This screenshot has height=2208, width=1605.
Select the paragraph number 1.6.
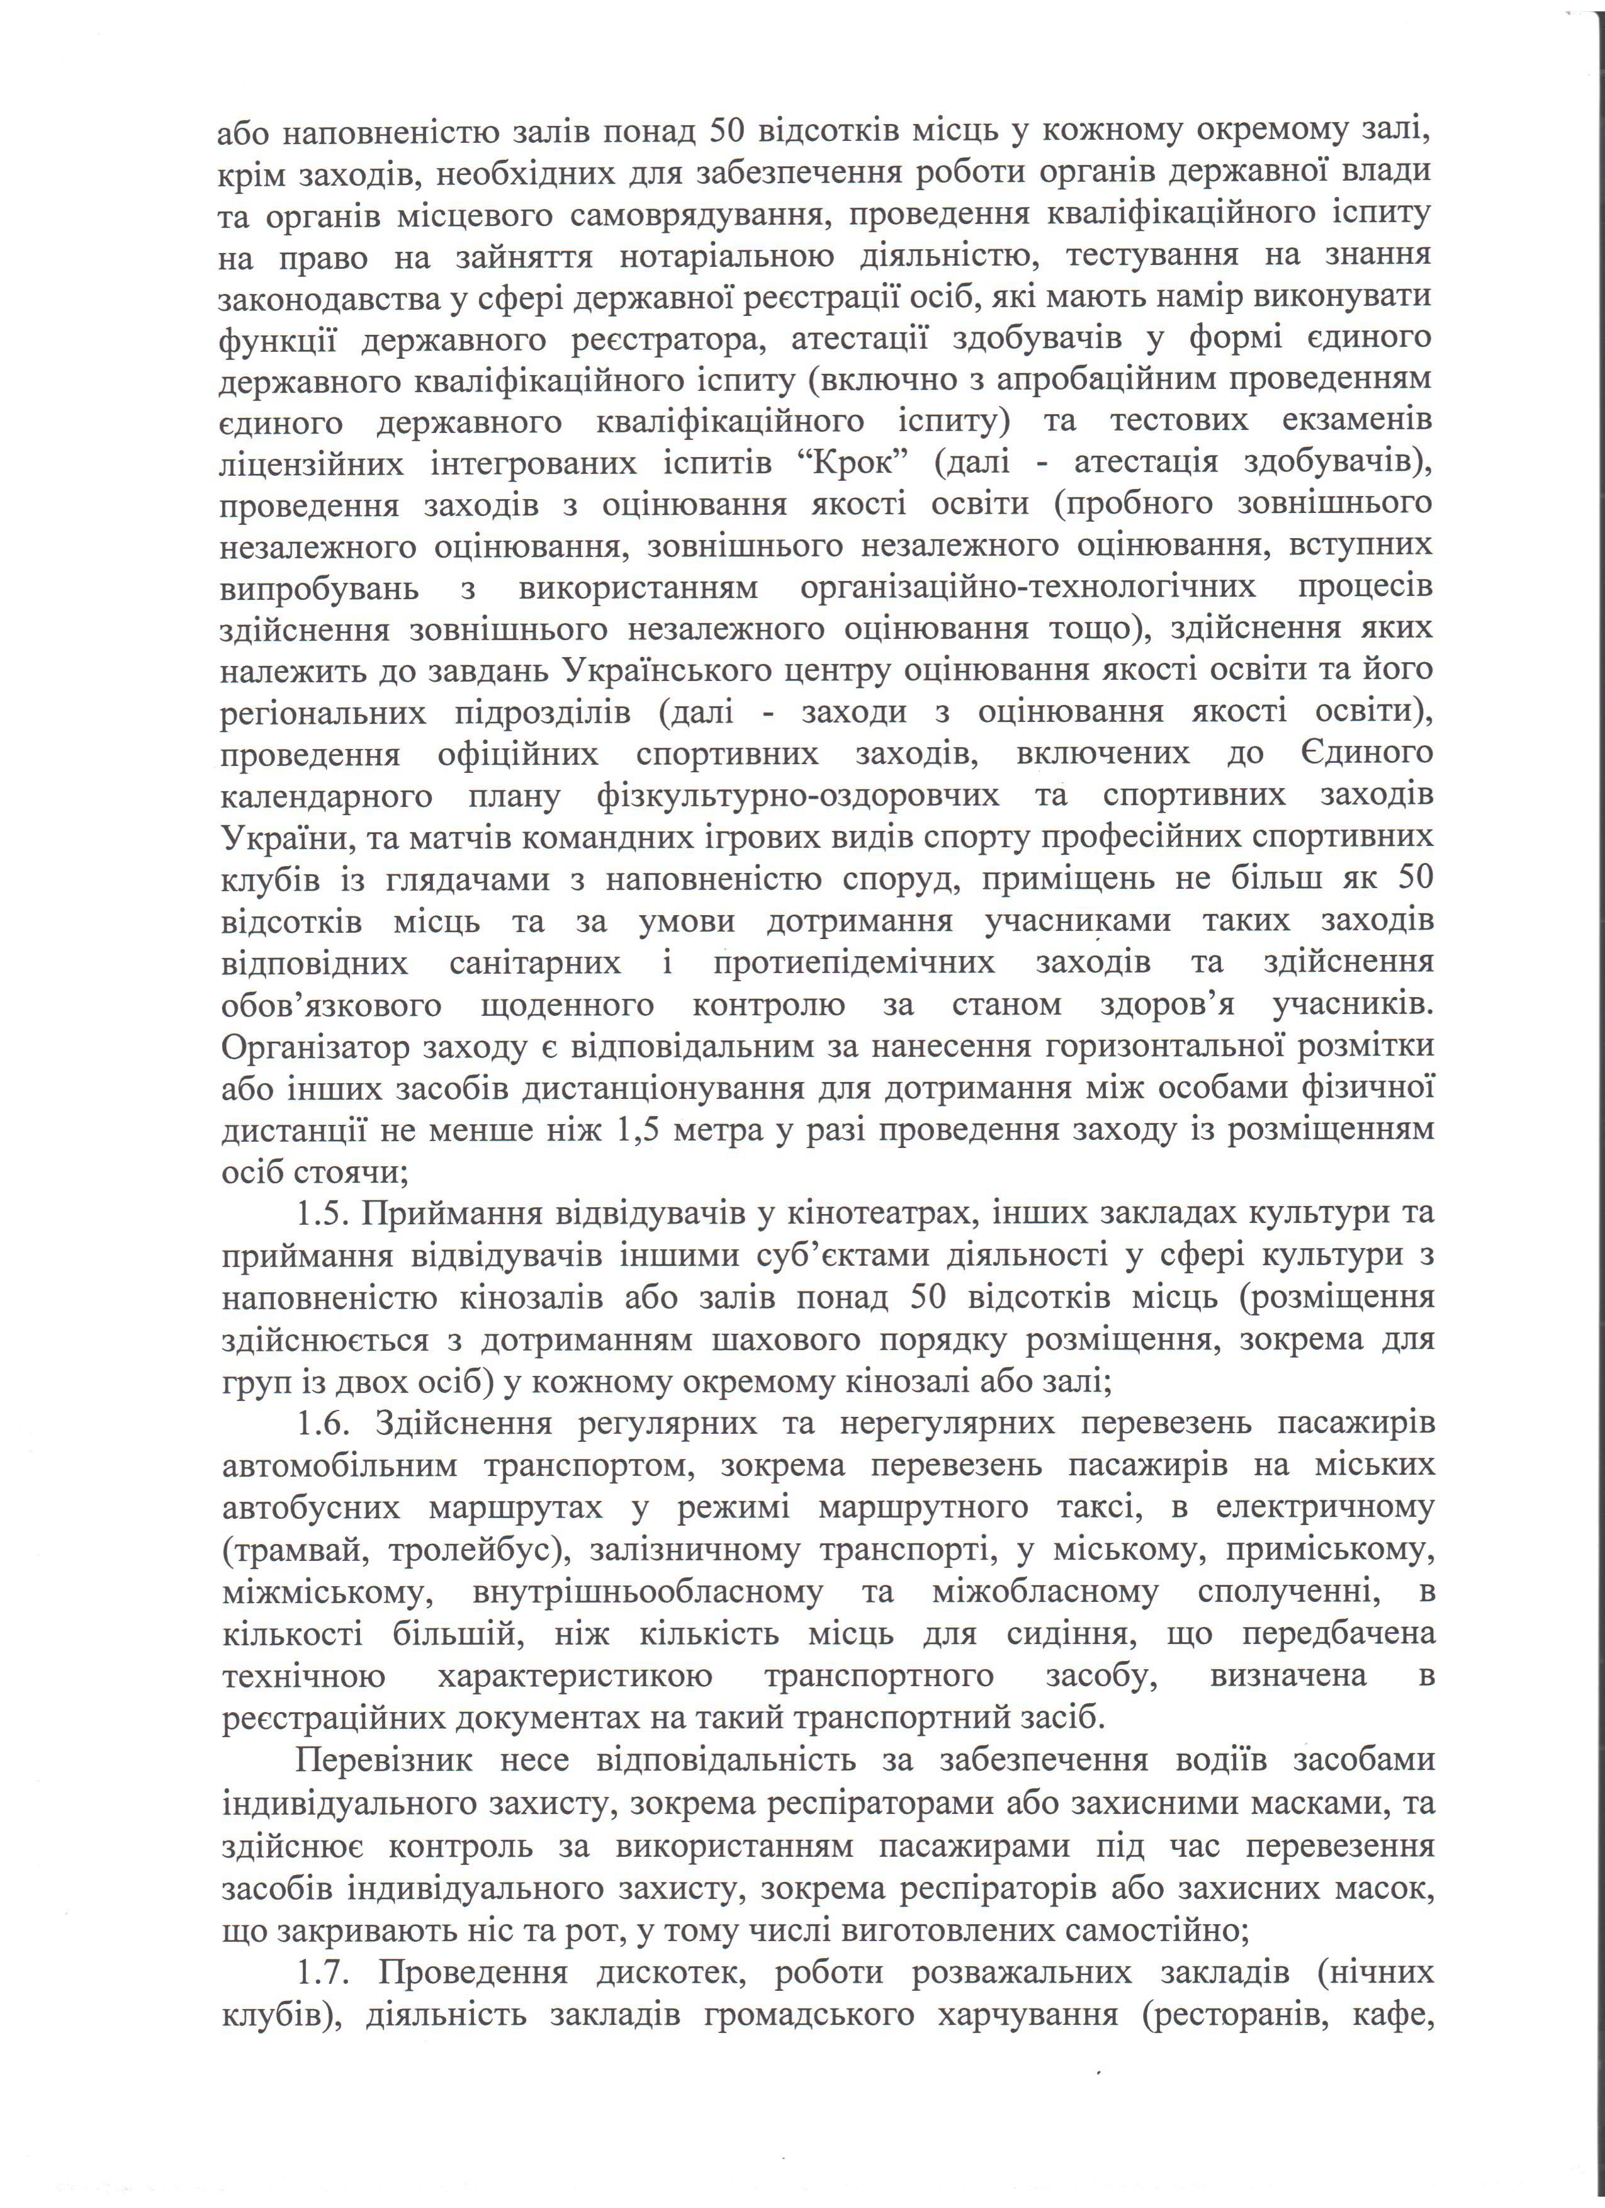[330, 1423]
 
